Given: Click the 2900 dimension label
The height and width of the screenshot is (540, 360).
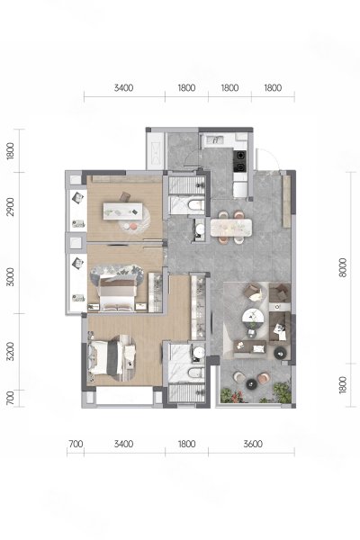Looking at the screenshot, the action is [11, 207].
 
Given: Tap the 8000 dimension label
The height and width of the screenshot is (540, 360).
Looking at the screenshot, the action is [343, 268].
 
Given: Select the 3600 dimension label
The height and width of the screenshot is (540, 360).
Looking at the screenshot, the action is [253, 444].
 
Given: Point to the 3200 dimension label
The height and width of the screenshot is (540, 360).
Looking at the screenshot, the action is [11, 351].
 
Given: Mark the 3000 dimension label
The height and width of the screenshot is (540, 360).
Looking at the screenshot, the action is [11, 276].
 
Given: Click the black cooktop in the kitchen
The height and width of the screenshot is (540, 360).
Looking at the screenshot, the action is [240, 161].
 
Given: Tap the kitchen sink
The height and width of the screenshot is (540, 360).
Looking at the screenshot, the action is [215, 140].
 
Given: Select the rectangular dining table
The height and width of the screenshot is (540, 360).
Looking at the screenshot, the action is [231, 228].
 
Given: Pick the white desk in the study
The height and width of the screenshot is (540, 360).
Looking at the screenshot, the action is [123, 211].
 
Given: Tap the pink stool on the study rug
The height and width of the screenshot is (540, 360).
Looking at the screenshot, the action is [133, 226].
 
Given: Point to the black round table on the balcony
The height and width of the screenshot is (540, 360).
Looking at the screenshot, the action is [251, 383].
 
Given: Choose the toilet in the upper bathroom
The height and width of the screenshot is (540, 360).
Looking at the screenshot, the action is [196, 205].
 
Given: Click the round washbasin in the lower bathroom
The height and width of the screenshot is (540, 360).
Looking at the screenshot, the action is [198, 352].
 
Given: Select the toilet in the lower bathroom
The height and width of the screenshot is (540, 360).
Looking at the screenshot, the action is [195, 373].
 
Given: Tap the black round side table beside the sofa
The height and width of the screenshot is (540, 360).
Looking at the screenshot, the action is [279, 353].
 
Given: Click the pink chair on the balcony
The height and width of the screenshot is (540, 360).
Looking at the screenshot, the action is [264, 378].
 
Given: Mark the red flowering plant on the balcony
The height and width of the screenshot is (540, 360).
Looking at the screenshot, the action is [238, 398].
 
